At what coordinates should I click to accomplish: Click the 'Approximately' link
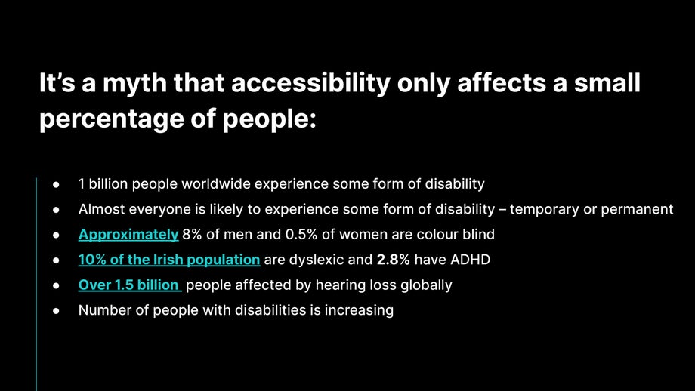tap(128, 234)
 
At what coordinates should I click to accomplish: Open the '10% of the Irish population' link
tap(169, 260)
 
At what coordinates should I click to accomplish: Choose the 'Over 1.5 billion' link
tap(129, 285)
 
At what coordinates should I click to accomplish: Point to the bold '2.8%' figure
tap(393, 260)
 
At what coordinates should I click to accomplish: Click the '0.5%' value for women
tap(301, 234)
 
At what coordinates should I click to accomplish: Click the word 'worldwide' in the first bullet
tap(214, 183)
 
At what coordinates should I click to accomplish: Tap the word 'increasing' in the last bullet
tap(359, 309)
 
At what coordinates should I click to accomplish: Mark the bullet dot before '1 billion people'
tap(56, 184)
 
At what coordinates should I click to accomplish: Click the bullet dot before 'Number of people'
tap(56, 310)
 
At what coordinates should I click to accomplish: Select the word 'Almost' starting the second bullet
tap(99, 209)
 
